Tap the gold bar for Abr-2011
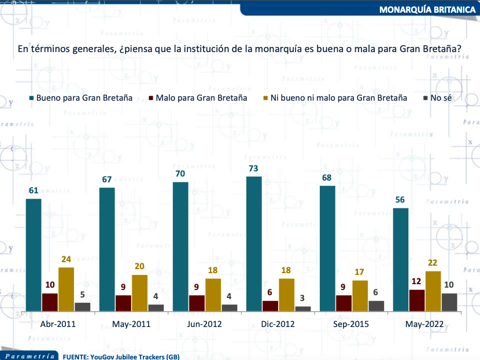tap(67, 289)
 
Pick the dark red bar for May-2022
tap(417, 300)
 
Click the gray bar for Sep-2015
tap(376, 306)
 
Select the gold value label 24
tap(67, 259)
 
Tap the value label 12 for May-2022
tap(417, 281)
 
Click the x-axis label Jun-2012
tap(205, 324)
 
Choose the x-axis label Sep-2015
tap(352, 324)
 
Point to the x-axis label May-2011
tap(132, 324)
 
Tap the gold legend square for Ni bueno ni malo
tap(265, 98)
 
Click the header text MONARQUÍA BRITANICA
tap(427, 10)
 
